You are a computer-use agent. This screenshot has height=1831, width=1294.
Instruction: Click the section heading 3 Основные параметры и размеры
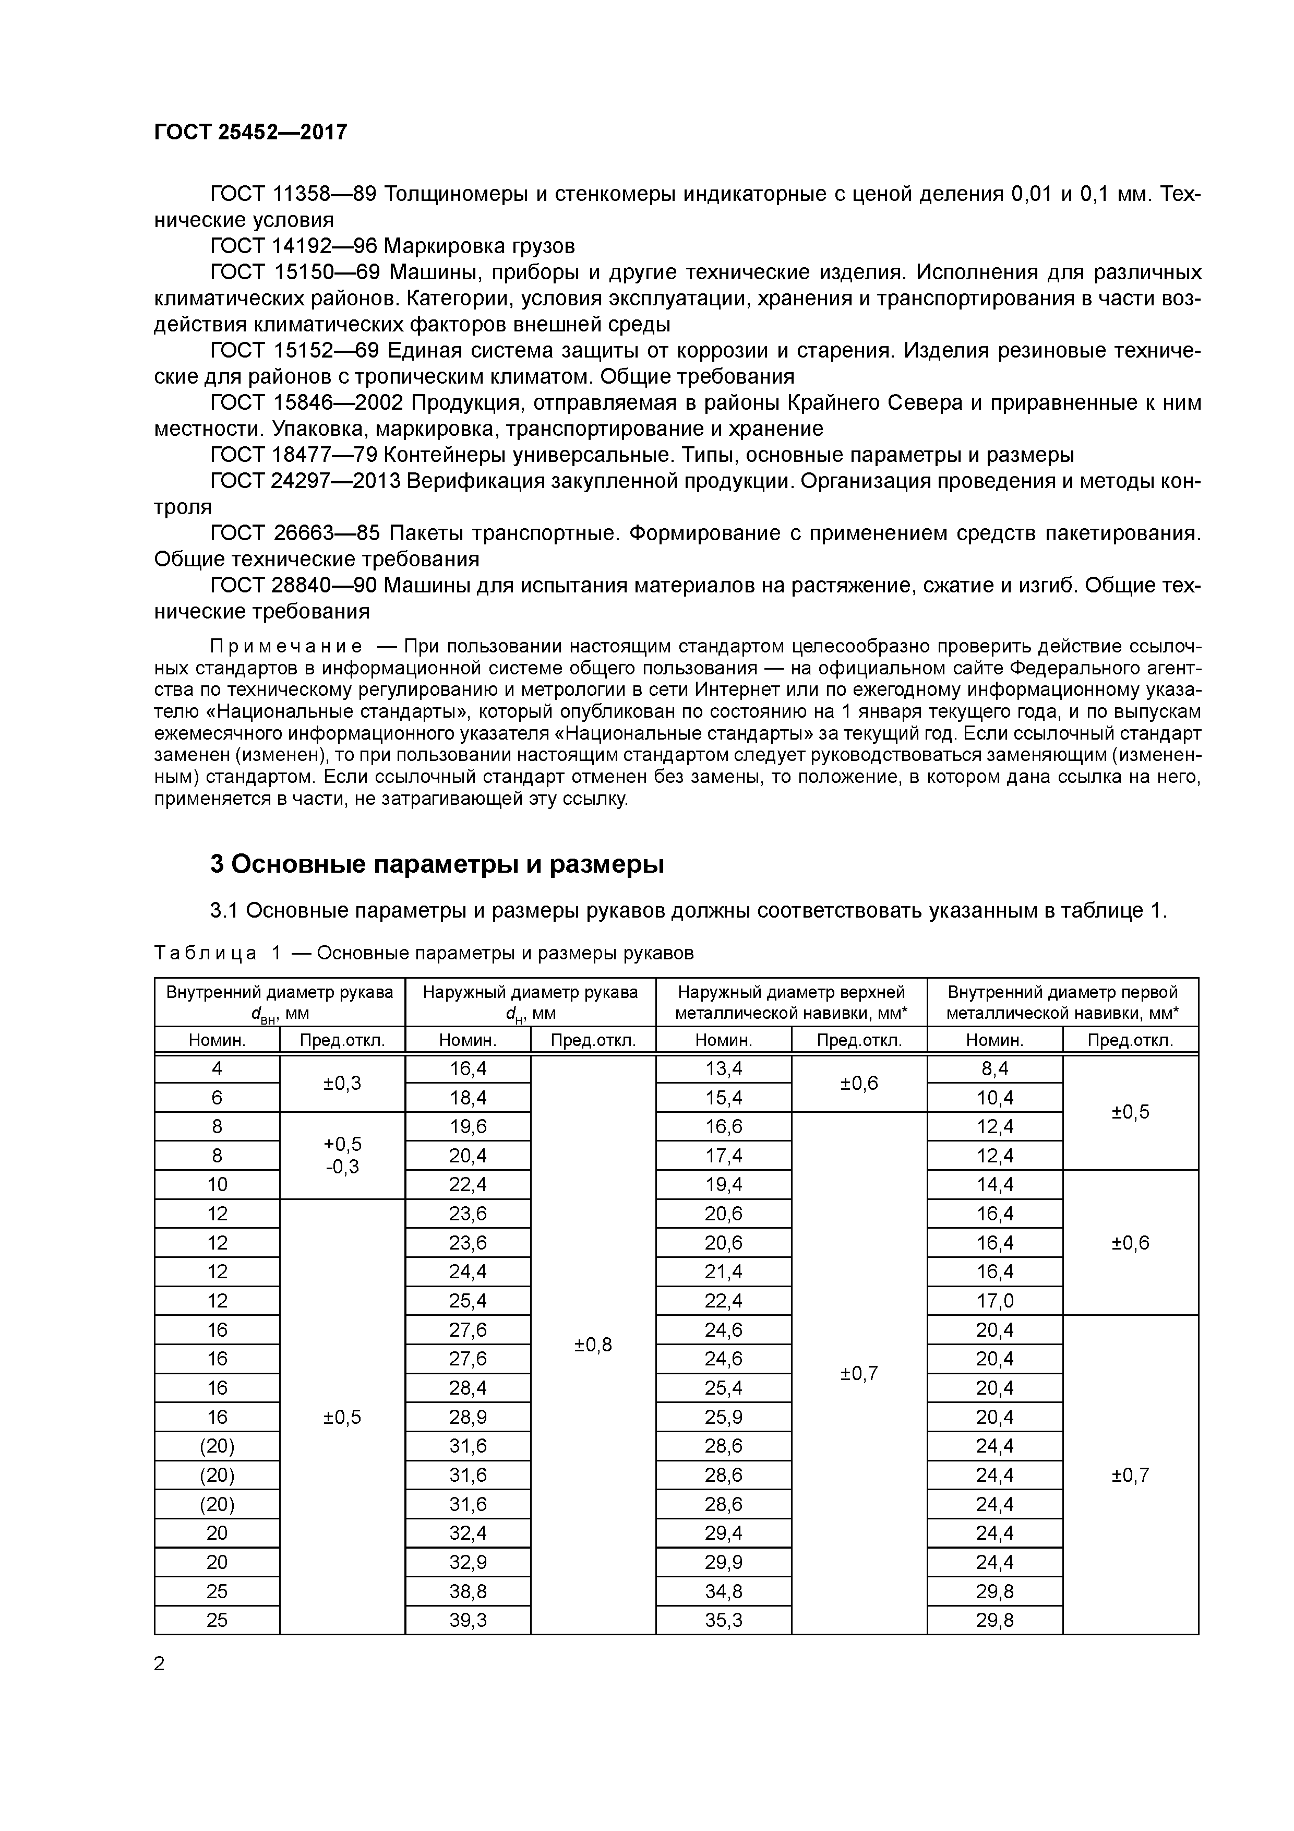point(436,864)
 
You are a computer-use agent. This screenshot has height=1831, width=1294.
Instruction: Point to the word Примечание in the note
point(285,645)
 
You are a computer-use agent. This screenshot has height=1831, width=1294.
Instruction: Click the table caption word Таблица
point(205,953)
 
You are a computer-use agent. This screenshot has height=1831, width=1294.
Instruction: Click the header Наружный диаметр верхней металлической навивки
point(791,1002)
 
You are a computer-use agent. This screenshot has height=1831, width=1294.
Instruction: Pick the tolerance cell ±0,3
point(342,1083)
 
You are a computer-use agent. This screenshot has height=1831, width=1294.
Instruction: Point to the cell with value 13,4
point(723,1068)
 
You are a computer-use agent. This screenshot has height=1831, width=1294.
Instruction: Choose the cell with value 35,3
point(723,1620)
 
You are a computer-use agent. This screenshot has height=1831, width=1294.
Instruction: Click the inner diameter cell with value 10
point(217,1184)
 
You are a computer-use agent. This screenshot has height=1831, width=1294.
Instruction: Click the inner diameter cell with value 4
point(217,1068)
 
